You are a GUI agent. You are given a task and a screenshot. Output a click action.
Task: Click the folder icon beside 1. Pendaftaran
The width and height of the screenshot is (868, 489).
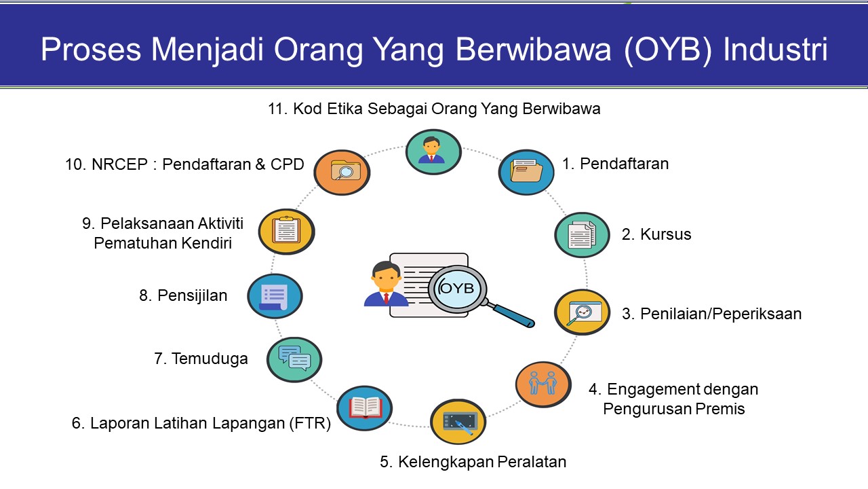tap(526, 172)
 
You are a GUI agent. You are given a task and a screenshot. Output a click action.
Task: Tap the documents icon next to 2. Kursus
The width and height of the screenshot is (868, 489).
tap(582, 235)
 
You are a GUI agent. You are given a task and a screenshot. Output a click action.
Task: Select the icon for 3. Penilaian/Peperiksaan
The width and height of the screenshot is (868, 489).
tap(582, 312)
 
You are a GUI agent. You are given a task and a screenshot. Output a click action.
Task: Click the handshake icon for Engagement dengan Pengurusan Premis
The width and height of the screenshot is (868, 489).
tap(543, 384)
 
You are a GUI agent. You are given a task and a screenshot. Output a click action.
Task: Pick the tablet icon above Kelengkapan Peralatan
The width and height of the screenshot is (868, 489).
tap(458, 422)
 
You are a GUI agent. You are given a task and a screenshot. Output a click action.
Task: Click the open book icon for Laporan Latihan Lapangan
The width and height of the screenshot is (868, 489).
tap(364, 408)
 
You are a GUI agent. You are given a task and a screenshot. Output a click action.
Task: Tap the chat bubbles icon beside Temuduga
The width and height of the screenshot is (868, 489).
tap(294, 359)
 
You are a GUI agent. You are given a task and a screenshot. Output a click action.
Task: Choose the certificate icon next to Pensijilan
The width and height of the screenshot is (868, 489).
tap(275, 296)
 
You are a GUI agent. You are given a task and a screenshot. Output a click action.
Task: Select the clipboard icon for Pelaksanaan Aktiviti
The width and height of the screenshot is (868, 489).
tap(286, 232)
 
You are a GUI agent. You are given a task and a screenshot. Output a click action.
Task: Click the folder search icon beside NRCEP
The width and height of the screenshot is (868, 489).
tap(342, 173)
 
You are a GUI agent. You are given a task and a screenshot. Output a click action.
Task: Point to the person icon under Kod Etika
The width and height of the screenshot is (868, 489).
tap(433, 151)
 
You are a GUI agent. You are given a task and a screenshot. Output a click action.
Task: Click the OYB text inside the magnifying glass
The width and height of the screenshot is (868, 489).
tap(456, 289)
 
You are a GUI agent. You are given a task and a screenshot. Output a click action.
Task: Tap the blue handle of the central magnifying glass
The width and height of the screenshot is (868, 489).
tap(512, 315)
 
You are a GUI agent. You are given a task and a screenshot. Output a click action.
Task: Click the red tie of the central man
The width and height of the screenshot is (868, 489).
tap(386, 299)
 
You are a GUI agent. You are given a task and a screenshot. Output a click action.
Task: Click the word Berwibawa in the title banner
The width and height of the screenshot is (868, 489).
tap(533, 50)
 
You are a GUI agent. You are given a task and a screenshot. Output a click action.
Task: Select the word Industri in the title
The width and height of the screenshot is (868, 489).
tap(775, 50)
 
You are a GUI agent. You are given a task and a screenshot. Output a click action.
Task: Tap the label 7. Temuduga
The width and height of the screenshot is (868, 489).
tap(201, 359)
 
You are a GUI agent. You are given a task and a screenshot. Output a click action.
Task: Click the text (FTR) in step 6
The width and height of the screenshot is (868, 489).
tap(311, 423)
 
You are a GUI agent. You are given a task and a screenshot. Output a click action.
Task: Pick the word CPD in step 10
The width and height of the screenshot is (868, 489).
tap(287, 164)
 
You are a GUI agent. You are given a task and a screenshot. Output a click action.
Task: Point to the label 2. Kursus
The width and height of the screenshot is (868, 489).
tap(656, 234)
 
